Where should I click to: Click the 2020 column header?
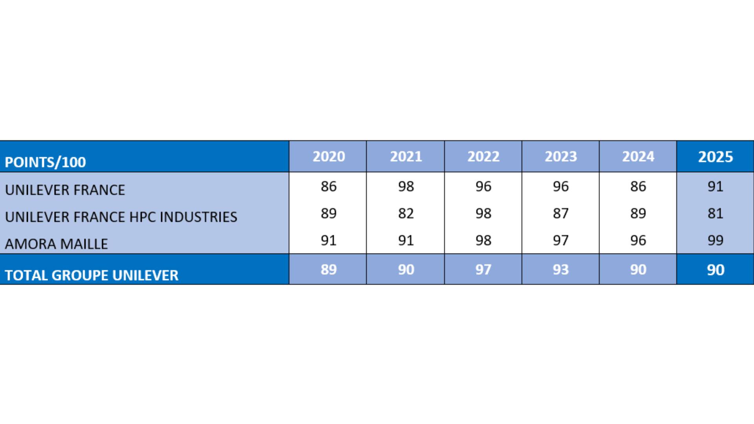coord(329,157)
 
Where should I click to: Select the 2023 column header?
coord(561,157)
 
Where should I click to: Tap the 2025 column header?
coord(716,157)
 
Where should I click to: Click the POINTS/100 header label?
coord(45,162)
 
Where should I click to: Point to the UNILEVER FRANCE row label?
coord(65,190)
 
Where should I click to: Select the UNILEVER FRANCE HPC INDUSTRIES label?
coord(121,217)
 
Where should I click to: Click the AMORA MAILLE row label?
coord(56,244)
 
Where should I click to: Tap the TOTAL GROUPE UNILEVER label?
coord(92,275)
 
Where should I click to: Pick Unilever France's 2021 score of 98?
coord(406,186)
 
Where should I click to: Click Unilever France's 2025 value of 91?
coord(716,186)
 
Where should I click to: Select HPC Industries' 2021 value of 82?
coord(406,214)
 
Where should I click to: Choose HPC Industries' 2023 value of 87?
coord(561,214)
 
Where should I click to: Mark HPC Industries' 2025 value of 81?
coord(716,214)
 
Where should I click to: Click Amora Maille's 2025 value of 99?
coord(716,241)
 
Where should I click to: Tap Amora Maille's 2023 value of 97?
coord(561,241)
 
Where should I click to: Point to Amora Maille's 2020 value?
coord(329,241)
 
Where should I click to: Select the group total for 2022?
coord(483,270)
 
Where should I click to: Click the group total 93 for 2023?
coord(561,270)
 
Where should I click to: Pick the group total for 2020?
coord(329,270)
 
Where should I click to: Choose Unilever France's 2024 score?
coord(638,186)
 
